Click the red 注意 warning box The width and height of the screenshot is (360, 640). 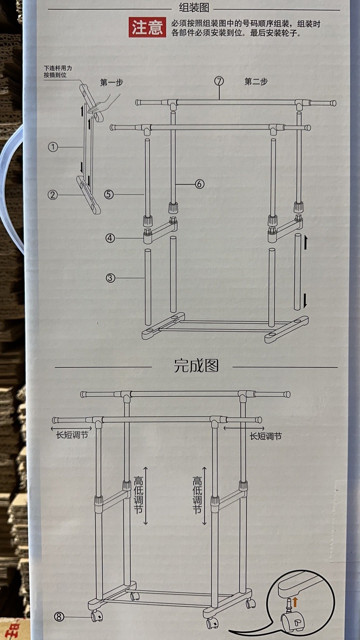coord(147,28)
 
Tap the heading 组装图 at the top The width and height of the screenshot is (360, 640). coord(194,7)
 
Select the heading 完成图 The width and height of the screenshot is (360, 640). coord(196,366)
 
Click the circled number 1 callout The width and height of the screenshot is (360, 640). coord(53,147)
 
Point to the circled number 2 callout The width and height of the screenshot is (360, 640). coord(53,195)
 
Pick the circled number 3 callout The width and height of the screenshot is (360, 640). coord(110,278)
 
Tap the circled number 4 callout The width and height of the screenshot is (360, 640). coord(110,238)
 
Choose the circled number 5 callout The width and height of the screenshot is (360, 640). coord(109,194)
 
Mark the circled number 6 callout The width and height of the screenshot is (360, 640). coord(199,184)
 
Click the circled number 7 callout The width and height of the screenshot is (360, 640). coord(219,81)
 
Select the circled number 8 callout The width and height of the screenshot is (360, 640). coord(59,617)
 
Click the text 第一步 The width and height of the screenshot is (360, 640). coord(112,82)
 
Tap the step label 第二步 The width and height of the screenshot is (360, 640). coord(256,82)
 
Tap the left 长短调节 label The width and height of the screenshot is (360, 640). coord(72,435)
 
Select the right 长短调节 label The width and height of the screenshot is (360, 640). coord(266,436)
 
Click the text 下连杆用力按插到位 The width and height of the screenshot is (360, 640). coord(58,72)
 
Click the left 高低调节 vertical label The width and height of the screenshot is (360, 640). coord(138,495)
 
